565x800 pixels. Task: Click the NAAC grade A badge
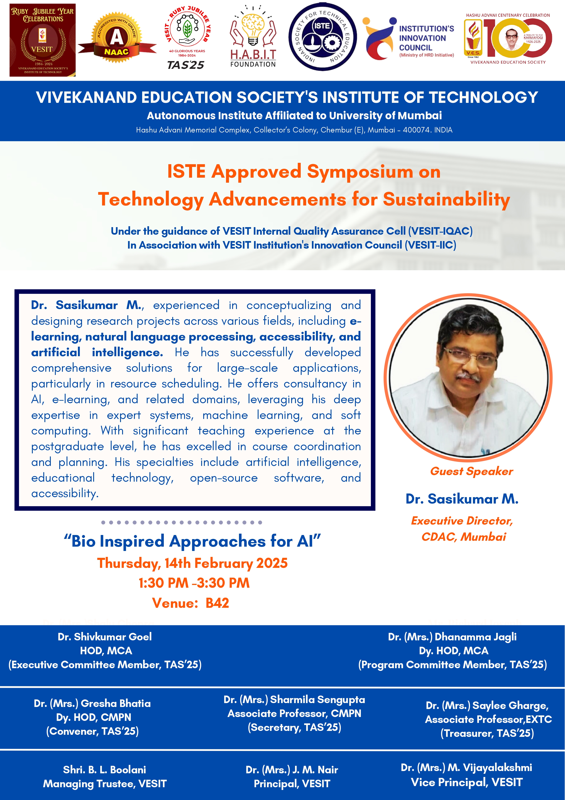pos(117,38)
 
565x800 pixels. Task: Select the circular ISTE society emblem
pos(322,37)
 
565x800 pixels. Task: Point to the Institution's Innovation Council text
pos(426,38)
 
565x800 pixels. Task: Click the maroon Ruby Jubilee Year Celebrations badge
pos(42,40)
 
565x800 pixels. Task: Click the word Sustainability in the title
pos(447,200)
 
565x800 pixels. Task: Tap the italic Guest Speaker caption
pos(471,471)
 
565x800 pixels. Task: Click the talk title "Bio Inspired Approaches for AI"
pos(192,541)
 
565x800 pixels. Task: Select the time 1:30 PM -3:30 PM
pos(194,583)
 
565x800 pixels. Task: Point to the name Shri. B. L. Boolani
pos(104,770)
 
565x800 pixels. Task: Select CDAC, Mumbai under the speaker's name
pos(464,537)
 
